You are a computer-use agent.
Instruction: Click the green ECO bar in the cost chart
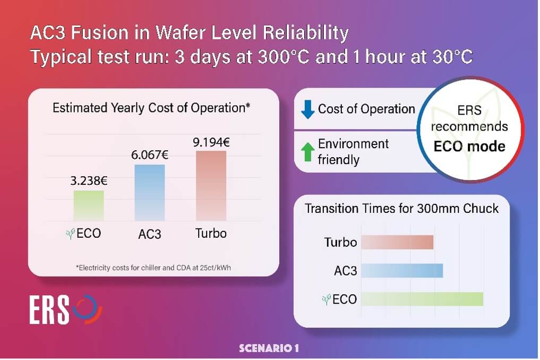[x=89, y=205]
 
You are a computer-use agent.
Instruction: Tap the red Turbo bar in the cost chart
[x=211, y=185]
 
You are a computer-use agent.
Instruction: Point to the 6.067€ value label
[x=149, y=156]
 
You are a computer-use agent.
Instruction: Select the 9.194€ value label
[x=211, y=142]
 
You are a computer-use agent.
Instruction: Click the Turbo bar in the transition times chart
[x=397, y=243]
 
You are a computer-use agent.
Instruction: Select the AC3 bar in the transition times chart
[x=402, y=271]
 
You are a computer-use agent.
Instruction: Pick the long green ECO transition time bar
[x=422, y=299]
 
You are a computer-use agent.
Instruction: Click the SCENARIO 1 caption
[x=269, y=349]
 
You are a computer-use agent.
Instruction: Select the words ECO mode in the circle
[x=469, y=147]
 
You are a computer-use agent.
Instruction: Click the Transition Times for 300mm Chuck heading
[x=401, y=208]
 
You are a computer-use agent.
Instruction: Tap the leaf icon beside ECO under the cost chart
[x=68, y=233]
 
